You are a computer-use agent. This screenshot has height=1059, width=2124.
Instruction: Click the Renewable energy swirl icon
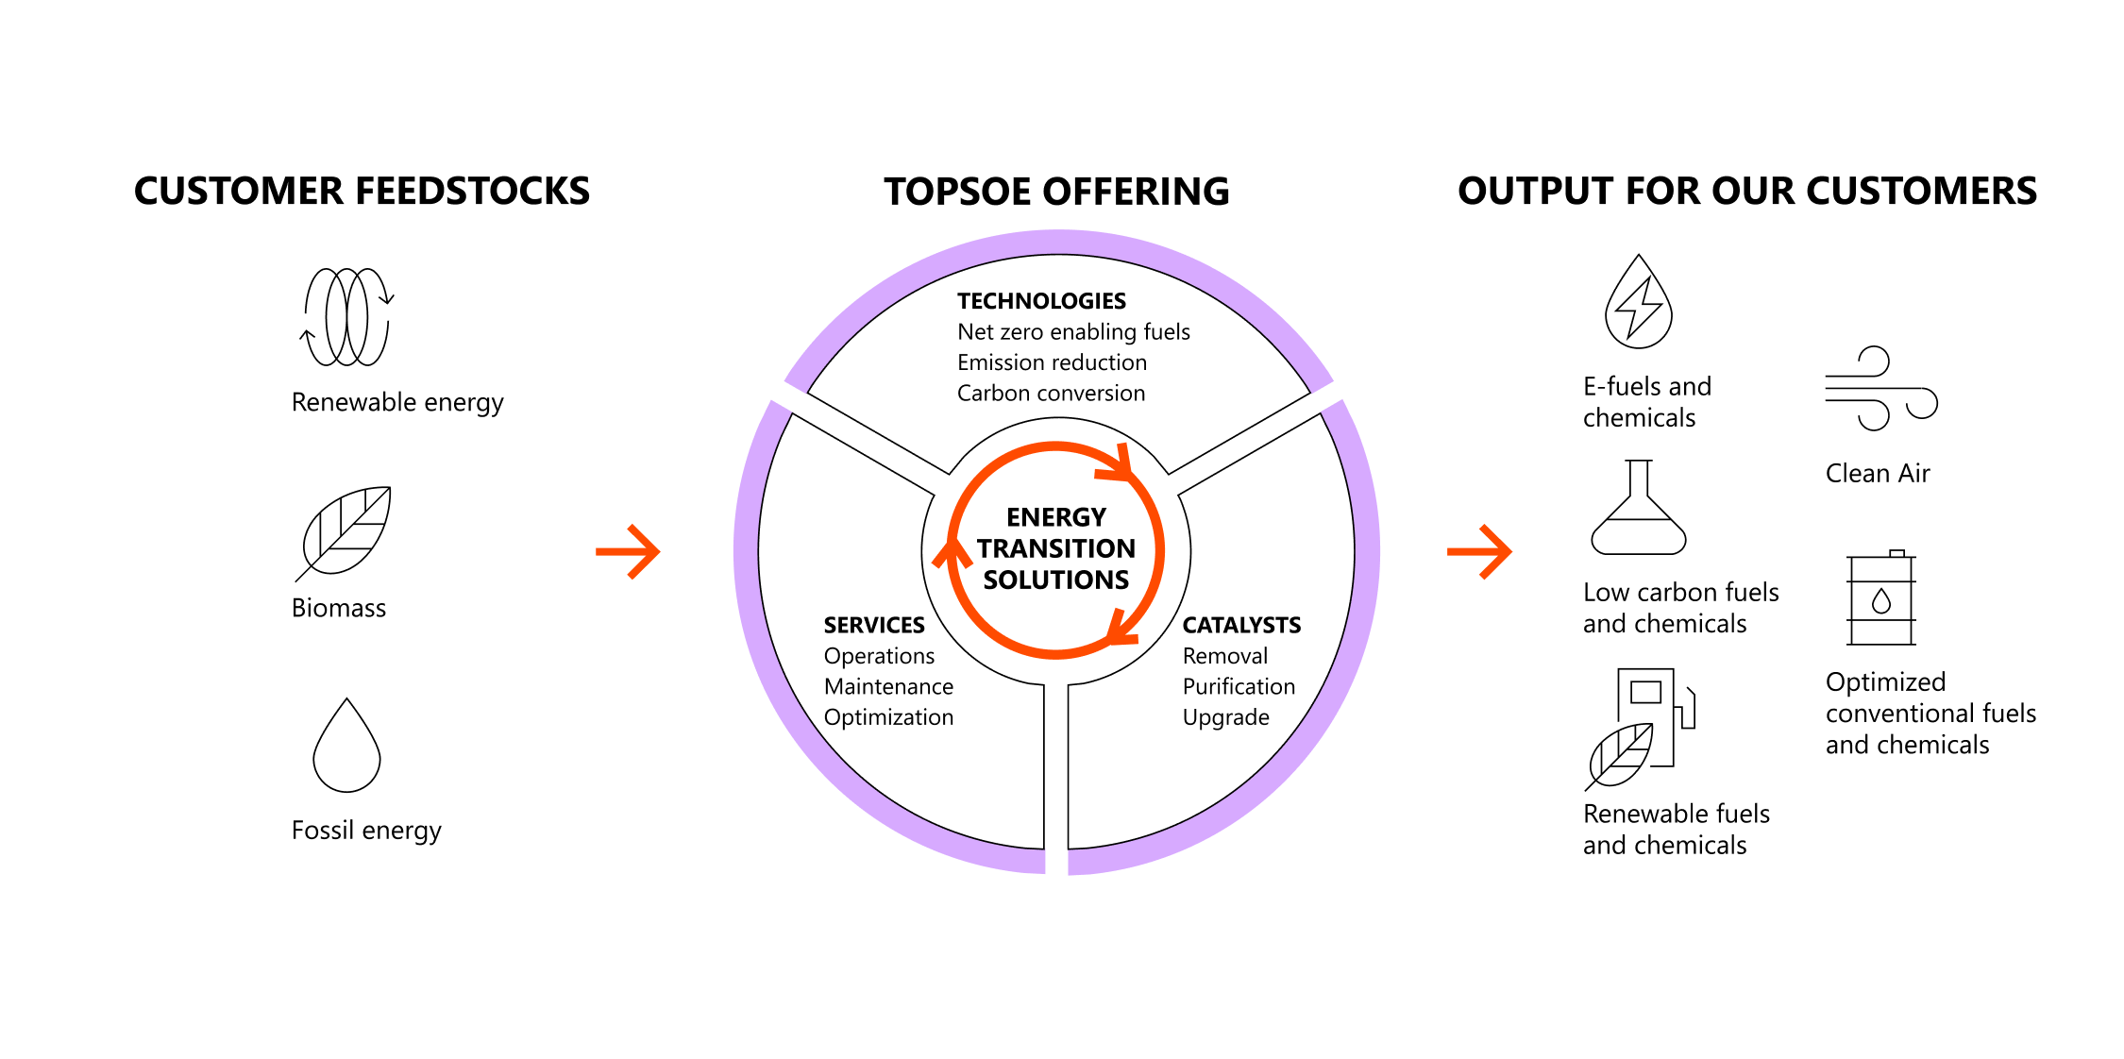click(346, 317)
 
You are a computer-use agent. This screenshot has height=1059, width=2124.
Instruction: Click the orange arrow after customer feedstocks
click(628, 551)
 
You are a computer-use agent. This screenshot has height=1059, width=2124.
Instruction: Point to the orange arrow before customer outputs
click(1479, 551)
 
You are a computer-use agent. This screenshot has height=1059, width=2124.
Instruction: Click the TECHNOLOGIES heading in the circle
click(1041, 301)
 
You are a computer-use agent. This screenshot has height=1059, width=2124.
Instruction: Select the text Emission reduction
click(1052, 362)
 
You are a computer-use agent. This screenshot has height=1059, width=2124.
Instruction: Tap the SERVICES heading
click(874, 625)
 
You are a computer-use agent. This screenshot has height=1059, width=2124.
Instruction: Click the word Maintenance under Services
click(888, 686)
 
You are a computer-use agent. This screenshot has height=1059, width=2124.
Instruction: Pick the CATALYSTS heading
click(1241, 625)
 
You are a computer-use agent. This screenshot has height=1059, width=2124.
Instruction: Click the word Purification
click(1239, 686)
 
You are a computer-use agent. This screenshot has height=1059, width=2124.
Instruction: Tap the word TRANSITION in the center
click(1055, 548)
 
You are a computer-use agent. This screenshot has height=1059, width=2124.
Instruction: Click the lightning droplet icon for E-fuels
click(1639, 304)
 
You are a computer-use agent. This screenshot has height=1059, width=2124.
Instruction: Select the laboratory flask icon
click(1639, 509)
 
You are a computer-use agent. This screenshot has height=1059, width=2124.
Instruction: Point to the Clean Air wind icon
click(1879, 389)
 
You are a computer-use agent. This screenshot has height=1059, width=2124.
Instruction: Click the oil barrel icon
click(1881, 598)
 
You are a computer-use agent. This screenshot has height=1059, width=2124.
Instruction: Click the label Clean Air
click(1877, 473)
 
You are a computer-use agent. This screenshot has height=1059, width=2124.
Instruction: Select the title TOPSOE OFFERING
click(1056, 192)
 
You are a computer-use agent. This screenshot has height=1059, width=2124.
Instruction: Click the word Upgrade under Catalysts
click(1225, 717)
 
